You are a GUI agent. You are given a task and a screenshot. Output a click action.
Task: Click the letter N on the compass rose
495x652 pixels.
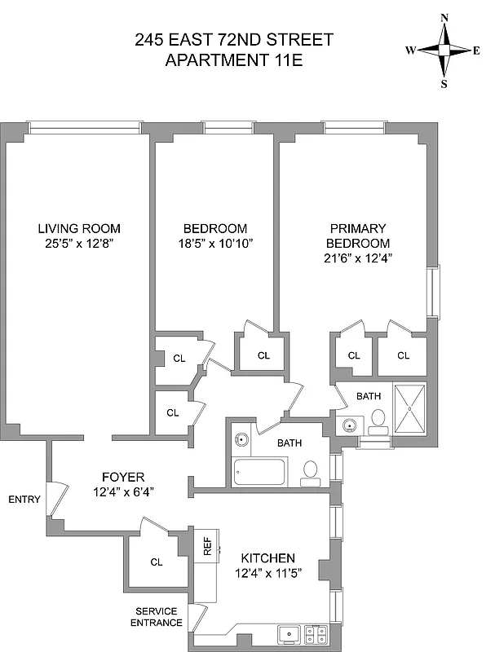coord(444,17)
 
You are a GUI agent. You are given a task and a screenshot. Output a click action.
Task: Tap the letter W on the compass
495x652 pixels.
coord(411,51)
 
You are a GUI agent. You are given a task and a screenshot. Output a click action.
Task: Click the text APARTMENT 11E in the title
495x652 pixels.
coord(235,59)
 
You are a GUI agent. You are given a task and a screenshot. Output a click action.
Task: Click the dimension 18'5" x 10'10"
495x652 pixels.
coord(214,243)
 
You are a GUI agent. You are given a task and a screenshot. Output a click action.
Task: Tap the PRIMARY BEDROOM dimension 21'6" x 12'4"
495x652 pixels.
coord(358,258)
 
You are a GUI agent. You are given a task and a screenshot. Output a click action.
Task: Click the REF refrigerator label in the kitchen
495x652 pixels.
coord(207,546)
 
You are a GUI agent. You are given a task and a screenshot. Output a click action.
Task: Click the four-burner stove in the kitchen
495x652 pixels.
coord(316,632)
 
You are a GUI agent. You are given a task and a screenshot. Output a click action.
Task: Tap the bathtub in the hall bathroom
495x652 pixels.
coord(260,472)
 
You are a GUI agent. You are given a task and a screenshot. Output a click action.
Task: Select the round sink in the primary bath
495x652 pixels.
coord(351,425)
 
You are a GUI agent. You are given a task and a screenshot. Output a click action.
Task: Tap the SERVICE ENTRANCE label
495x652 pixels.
coord(159,617)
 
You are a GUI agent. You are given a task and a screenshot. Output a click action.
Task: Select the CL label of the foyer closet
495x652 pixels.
coord(157,562)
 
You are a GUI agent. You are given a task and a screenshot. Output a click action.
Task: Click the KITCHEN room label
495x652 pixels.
coord(267,558)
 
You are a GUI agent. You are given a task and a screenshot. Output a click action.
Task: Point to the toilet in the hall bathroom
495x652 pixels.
coord(311,471)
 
